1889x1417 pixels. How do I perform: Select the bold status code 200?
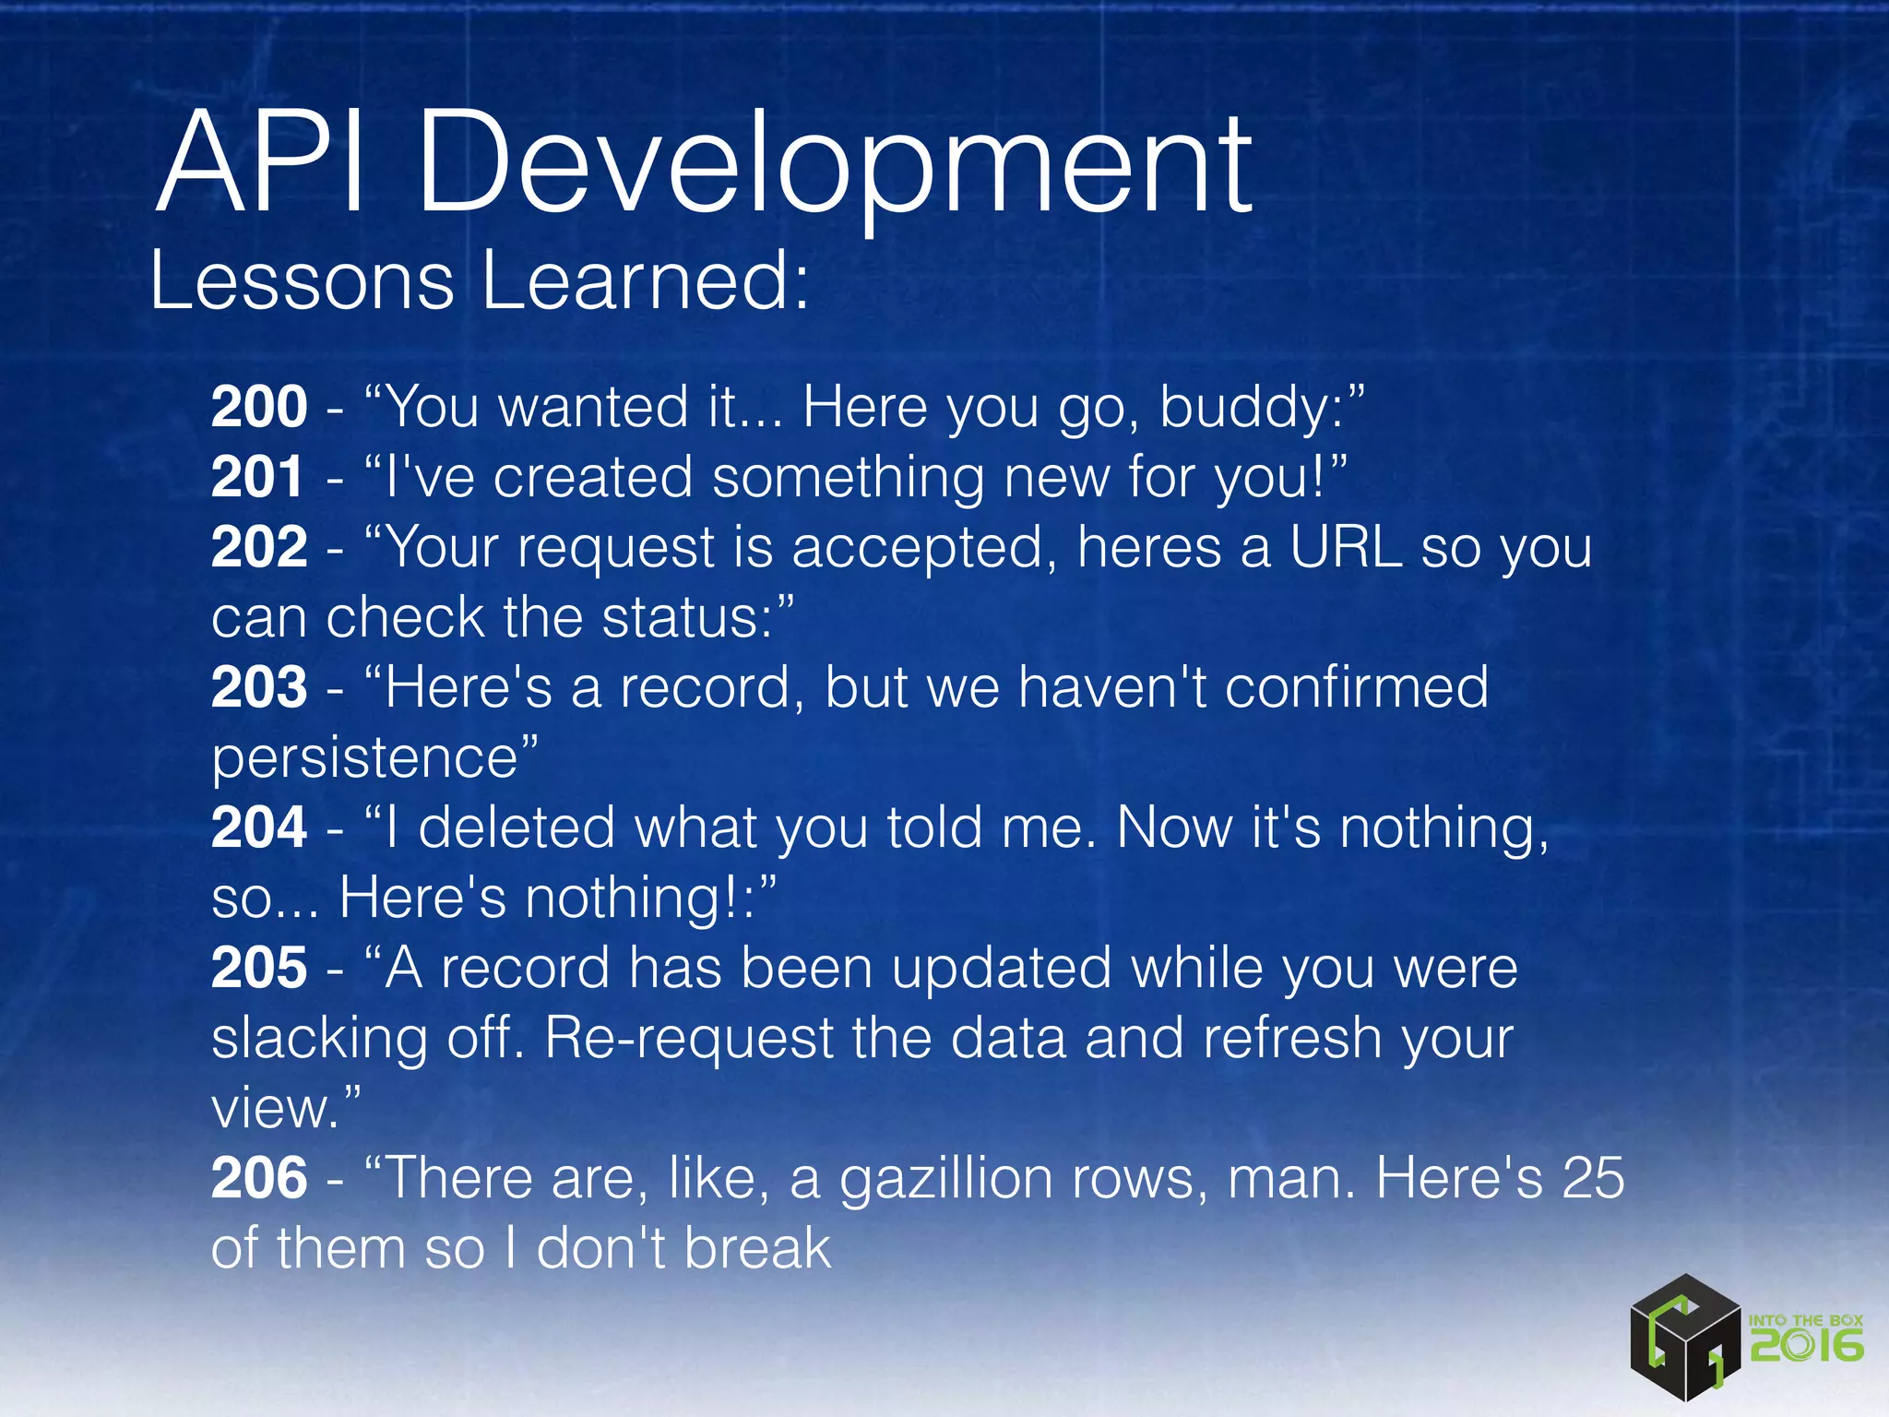tap(258, 407)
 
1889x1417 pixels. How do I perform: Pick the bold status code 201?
tap(257, 477)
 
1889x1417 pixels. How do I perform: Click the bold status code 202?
tap(258, 547)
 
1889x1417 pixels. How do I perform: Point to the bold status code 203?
tap(258, 687)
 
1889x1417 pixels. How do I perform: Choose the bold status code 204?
tap(258, 828)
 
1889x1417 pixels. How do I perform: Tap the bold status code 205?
tap(258, 968)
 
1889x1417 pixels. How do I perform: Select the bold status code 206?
tap(258, 1178)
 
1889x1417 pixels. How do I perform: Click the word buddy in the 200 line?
tap(1245, 409)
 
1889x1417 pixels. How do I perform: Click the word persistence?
tap(365, 759)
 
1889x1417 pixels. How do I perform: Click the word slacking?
tap(319, 1039)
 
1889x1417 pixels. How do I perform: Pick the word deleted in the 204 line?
tap(517, 828)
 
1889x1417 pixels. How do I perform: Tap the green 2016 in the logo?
tap(1806, 1346)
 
